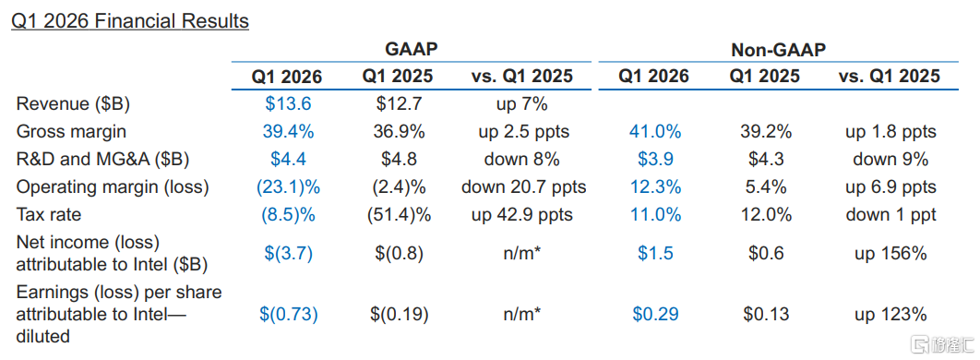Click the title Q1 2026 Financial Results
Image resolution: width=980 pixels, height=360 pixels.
[129, 20]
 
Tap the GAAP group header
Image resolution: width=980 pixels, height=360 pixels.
[410, 51]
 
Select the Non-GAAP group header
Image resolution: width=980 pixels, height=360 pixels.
[778, 51]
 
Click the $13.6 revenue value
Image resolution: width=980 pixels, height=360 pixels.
[288, 103]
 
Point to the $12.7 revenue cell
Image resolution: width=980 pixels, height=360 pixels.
[398, 103]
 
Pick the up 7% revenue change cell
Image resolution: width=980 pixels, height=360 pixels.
[522, 103]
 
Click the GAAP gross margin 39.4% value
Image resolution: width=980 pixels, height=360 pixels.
[288, 132]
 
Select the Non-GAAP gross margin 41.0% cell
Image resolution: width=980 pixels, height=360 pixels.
[654, 132]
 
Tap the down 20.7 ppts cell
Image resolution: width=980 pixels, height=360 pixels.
[523, 186]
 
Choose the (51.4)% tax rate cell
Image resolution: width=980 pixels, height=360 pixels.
[398, 215]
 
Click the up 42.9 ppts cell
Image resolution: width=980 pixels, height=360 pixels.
[523, 215]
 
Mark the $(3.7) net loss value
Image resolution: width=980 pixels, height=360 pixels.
[288, 253]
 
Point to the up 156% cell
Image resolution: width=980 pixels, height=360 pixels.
[890, 253]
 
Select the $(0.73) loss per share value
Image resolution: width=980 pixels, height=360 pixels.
[289, 314]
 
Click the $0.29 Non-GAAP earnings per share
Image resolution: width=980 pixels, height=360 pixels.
[655, 314]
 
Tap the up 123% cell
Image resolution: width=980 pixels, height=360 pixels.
[890, 314]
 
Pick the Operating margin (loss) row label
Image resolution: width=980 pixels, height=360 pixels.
[113, 186]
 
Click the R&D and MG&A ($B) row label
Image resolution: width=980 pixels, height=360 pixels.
[102, 160]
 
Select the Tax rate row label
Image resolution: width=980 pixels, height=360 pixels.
[49, 215]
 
